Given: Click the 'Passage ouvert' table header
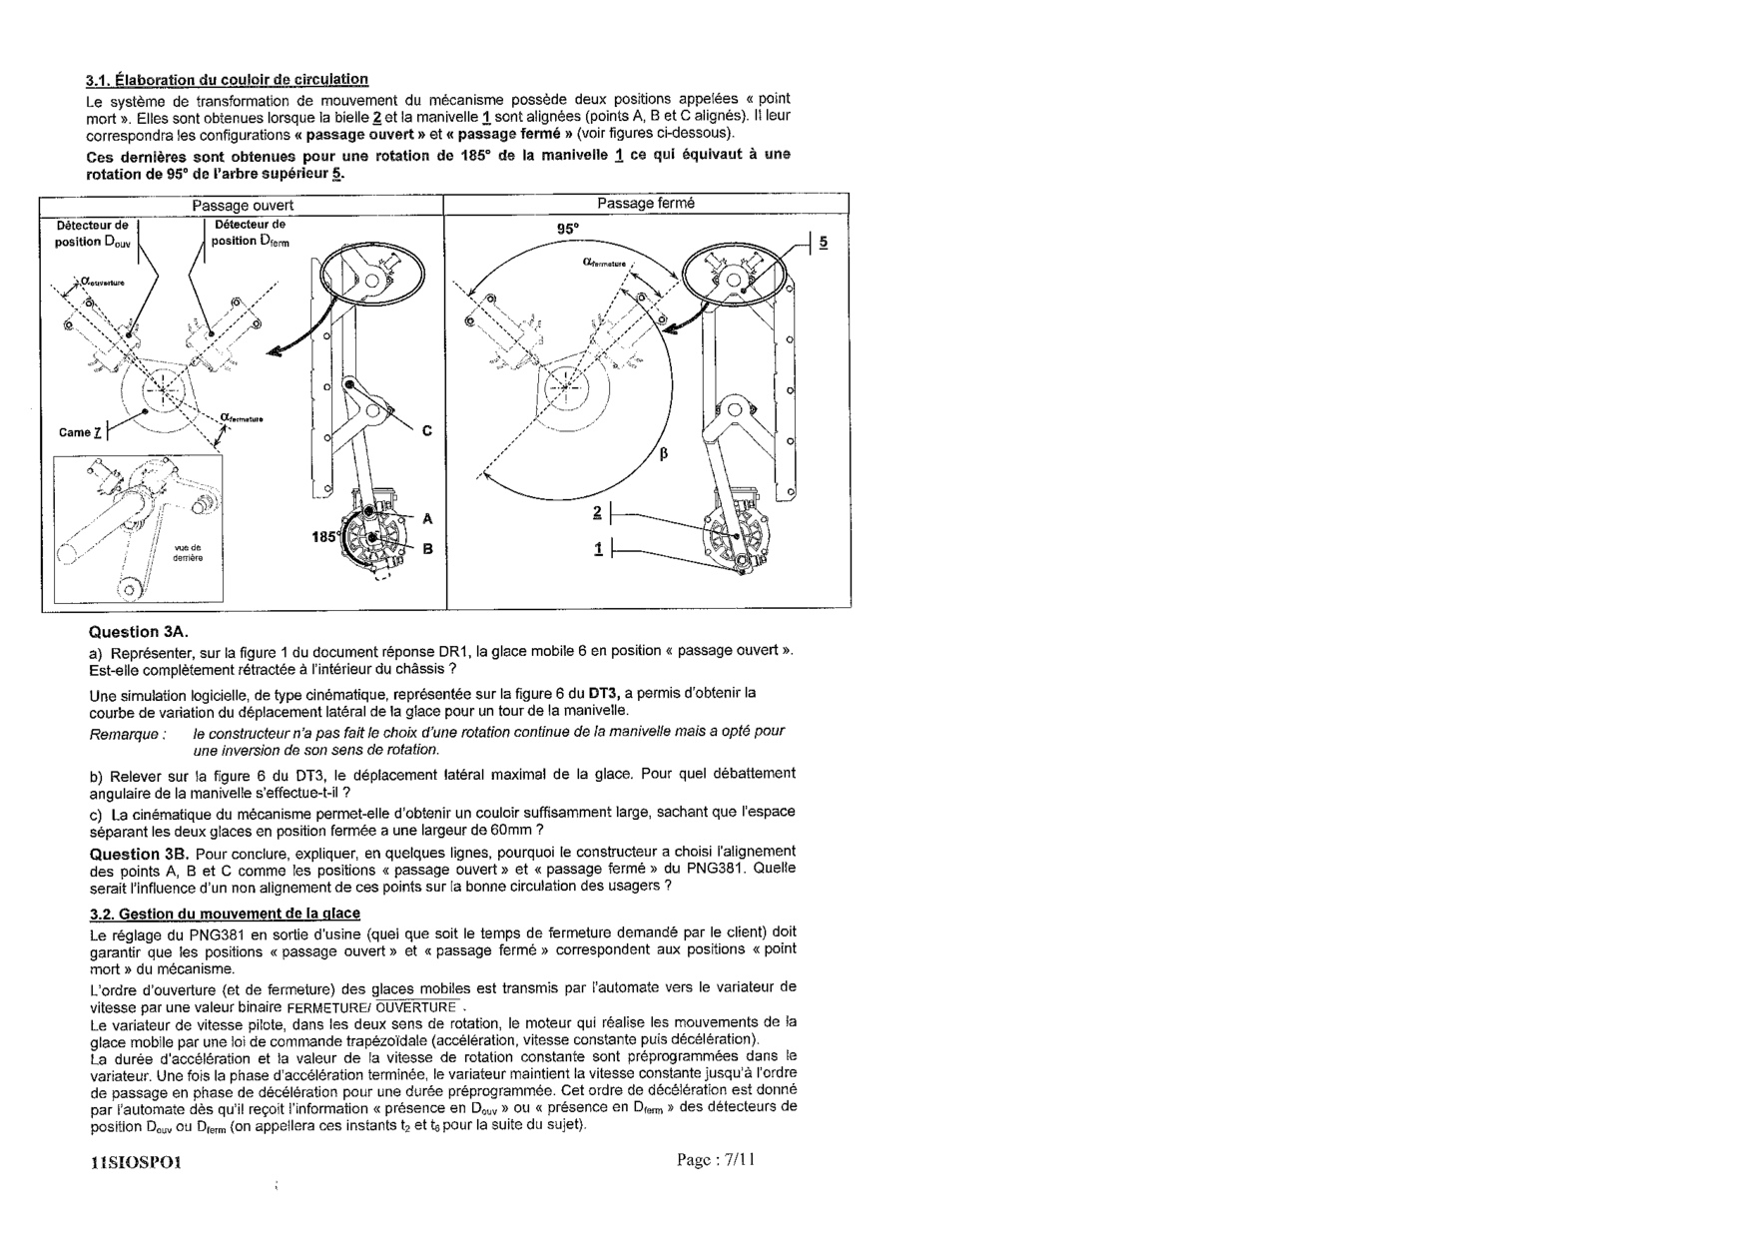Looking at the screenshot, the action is (243, 206).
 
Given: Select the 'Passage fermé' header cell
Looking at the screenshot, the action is (646, 204).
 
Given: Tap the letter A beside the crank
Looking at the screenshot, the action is (427, 518).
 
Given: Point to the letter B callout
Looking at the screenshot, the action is (427, 548).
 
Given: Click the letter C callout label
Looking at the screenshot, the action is (427, 431).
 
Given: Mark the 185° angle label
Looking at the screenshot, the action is (325, 537).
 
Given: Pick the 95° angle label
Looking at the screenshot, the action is (568, 229).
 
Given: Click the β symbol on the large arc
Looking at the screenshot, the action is (663, 455).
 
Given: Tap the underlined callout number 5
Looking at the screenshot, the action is (823, 243).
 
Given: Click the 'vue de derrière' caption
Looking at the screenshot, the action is (188, 553).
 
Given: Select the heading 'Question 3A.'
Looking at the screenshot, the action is (139, 632).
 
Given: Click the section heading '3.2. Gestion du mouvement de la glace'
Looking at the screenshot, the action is (225, 914).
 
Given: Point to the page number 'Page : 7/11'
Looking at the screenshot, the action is (716, 1160).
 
